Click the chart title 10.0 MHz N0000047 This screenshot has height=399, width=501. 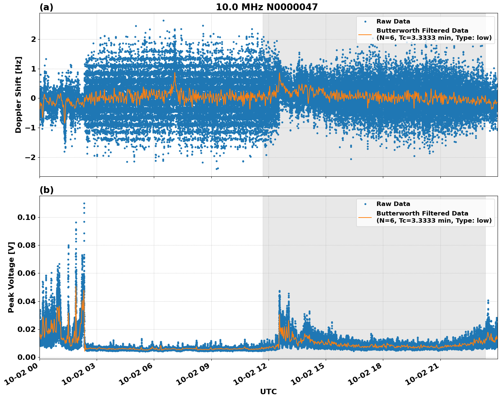(x=266, y=7)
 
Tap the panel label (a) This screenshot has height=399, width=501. (x=46, y=7)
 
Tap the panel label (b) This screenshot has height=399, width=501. (x=46, y=190)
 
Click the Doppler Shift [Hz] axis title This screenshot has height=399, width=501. (x=18, y=95)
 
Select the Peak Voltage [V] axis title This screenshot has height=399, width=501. (x=11, y=277)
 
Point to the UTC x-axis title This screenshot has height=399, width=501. (x=268, y=392)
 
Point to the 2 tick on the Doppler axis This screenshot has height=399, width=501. (x=33, y=39)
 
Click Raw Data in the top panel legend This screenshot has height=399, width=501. (x=393, y=21)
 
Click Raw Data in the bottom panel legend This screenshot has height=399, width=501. (x=393, y=204)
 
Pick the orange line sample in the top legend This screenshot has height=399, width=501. (x=365, y=34)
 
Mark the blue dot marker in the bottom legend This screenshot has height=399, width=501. (x=365, y=204)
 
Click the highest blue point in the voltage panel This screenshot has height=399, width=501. (x=84, y=203)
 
